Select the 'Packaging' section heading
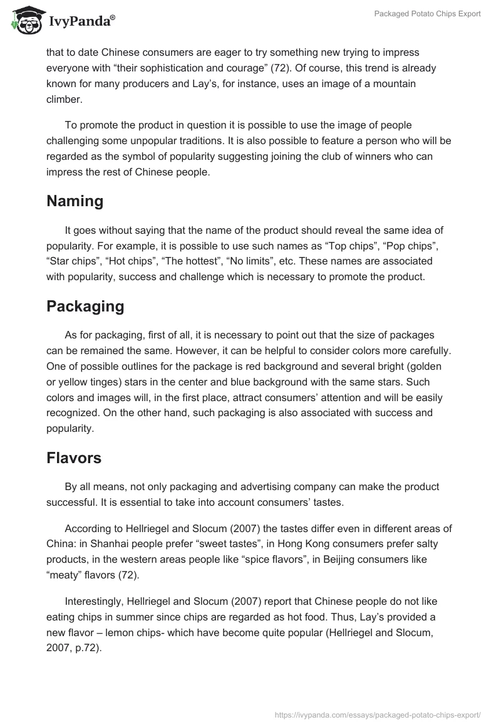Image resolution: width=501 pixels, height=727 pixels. click(x=85, y=306)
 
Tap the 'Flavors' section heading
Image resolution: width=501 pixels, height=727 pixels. click(x=74, y=458)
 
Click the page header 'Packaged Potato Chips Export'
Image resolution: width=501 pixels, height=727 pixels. click(x=428, y=14)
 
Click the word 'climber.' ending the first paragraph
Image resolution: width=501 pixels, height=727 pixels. click(x=64, y=99)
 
